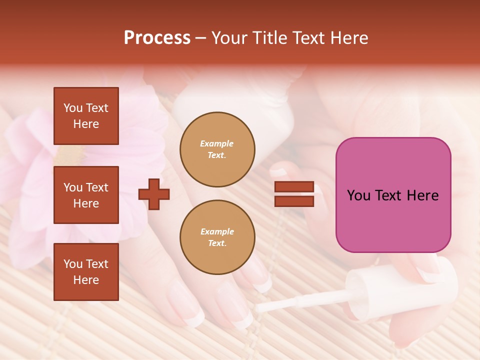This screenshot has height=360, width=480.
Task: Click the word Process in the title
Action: coord(157,38)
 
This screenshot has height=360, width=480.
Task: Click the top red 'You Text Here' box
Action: coord(86,116)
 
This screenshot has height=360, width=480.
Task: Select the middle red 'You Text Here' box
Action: coord(86,195)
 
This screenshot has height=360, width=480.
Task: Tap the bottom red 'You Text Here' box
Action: coord(86,272)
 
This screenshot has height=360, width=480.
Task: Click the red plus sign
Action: coord(154,194)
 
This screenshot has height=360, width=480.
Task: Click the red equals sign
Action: coord(294,194)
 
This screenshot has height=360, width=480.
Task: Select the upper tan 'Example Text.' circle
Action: coord(217,149)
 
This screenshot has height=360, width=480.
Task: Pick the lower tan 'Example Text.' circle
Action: coord(217,237)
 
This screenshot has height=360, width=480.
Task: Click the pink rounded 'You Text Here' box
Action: coord(393,195)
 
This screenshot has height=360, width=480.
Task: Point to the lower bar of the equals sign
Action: coord(294,201)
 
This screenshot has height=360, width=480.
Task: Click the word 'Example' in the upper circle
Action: coord(217,143)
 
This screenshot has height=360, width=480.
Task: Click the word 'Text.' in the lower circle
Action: coord(217,243)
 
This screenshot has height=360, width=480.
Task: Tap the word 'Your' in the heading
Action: coord(230,38)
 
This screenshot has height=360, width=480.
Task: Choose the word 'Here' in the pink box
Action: coord(422,195)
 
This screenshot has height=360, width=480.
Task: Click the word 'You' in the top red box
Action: coord(73,108)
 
